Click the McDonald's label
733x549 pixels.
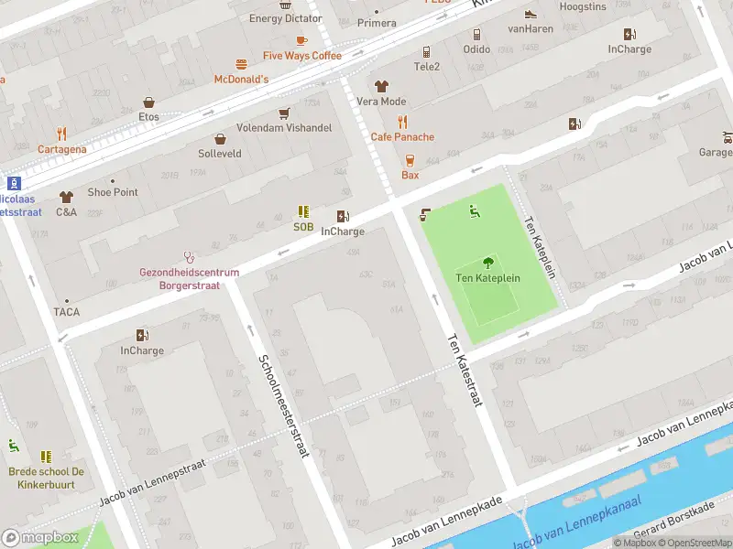241,80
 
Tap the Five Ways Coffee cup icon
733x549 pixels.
301,40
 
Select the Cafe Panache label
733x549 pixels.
402,137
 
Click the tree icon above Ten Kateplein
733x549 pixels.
487,262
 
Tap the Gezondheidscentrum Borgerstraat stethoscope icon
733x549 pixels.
190,257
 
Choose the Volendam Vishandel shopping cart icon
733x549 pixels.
284,113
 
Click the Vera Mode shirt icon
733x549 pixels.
381,86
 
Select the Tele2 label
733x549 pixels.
427,67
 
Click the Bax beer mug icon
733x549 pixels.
410,160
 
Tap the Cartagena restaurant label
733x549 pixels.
62,149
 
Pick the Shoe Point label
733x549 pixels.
113,192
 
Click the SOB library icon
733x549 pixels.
303,211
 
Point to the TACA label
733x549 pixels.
66,312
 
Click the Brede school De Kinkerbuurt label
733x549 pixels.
47,478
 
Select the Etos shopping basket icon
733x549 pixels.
148,102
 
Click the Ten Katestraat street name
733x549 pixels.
464,370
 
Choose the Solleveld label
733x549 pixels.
220,154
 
